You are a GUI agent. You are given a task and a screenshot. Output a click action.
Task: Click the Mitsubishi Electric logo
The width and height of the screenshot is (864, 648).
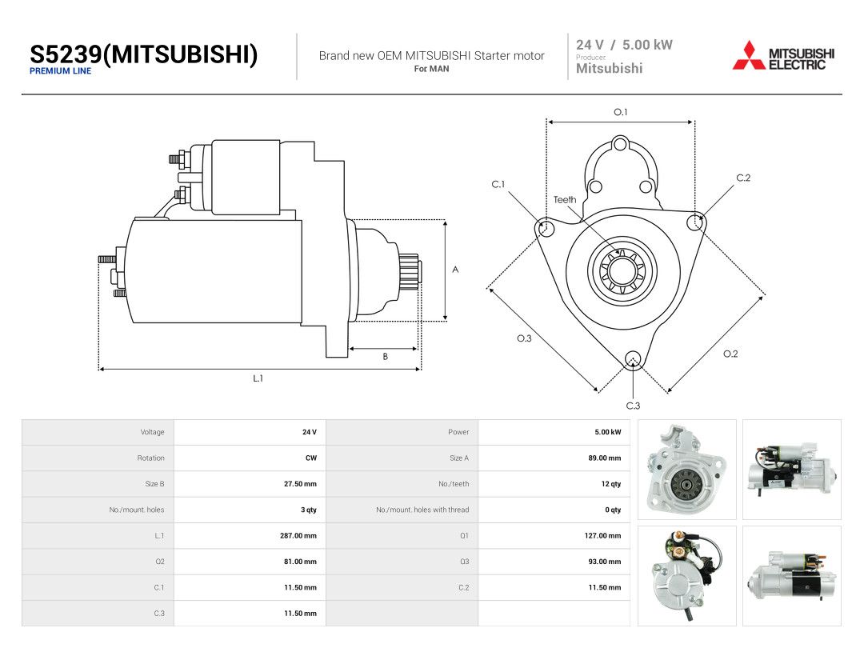tap(783, 56)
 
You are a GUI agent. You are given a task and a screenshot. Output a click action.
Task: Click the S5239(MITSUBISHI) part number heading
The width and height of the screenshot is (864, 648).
tap(144, 54)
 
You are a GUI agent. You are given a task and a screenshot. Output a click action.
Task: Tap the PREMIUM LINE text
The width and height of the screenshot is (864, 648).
tap(61, 71)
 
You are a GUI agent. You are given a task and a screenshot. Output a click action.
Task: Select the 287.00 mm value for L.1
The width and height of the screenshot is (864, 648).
tap(298, 535)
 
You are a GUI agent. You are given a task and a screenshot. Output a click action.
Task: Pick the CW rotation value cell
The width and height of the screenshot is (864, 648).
tap(311, 458)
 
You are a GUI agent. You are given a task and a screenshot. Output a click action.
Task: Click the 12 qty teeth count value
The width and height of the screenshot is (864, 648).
tap(611, 484)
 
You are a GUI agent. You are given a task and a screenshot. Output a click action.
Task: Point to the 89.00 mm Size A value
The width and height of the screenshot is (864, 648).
tap(605, 458)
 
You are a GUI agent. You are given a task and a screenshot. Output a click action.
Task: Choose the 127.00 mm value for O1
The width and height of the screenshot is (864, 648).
tap(603, 535)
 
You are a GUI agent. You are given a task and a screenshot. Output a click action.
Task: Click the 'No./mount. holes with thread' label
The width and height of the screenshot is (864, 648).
tap(422, 510)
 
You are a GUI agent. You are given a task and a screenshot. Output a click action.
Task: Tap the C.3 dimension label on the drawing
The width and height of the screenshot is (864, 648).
tap(633, 406)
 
